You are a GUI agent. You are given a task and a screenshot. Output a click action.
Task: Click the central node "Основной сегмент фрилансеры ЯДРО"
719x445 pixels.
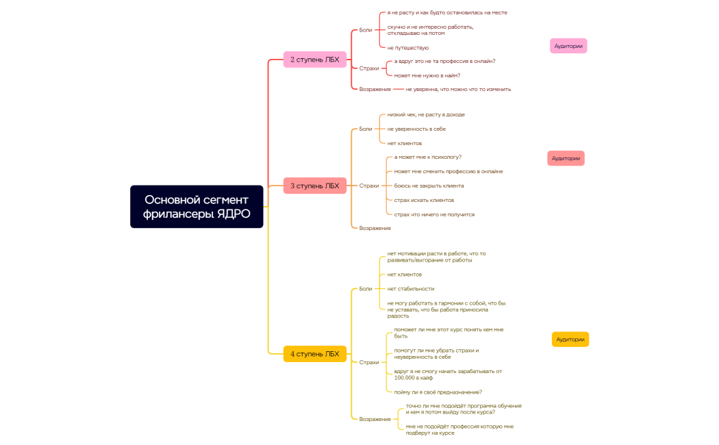pos(197,207)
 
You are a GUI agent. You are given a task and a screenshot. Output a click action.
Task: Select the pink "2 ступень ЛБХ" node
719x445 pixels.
pos(315,60)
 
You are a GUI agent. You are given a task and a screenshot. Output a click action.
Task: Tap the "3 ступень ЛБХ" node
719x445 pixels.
pos(315,186)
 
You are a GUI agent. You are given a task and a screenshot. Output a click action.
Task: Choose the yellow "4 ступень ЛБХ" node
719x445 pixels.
pos(315,354)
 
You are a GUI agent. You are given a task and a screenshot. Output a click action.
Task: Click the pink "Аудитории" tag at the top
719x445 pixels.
pos(568,46)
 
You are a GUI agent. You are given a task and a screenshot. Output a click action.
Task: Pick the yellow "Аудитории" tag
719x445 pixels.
pos(570,340)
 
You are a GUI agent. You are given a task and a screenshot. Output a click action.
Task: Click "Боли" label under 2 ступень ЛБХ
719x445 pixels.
pos(366,30)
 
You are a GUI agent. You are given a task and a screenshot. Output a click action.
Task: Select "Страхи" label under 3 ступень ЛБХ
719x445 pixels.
pos(369,186)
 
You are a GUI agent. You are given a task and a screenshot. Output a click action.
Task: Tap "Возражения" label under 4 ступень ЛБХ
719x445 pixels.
pos(375,419)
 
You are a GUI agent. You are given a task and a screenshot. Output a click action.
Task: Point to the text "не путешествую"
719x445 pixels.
pos(408,48)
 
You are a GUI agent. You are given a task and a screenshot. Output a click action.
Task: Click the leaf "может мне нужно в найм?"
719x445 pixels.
pos(427,75)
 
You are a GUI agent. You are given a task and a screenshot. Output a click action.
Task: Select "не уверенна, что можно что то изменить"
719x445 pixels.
pos(458,89)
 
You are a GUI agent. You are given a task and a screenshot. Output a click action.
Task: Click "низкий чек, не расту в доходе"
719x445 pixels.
pos(426,114)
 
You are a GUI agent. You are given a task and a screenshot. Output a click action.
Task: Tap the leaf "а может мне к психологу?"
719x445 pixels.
pos(428,157)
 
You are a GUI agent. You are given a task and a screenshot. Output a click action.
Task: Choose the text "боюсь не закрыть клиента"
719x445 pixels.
pos(429,186)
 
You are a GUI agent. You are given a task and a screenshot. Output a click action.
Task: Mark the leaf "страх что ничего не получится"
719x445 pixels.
pos(434,214)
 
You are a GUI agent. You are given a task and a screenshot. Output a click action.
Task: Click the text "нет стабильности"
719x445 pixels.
pos(411,289)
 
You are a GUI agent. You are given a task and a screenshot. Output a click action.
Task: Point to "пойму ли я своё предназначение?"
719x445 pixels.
pos(438,392)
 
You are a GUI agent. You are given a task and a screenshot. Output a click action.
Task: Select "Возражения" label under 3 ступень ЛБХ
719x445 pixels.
pos(375,228)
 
